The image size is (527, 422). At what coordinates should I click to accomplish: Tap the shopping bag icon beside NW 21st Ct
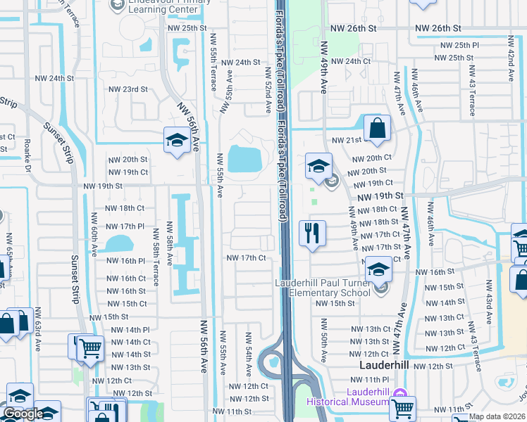(377, 128)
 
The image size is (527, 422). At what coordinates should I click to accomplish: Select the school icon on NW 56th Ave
(175, 140)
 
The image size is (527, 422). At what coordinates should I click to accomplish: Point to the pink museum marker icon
(400, 393)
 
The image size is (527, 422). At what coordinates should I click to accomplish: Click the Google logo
(23, 414)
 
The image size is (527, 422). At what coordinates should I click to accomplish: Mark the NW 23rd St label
(128, 89)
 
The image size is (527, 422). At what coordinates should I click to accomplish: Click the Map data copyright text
(497, 416)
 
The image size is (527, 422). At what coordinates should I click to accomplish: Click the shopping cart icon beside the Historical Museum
(402, 408)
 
